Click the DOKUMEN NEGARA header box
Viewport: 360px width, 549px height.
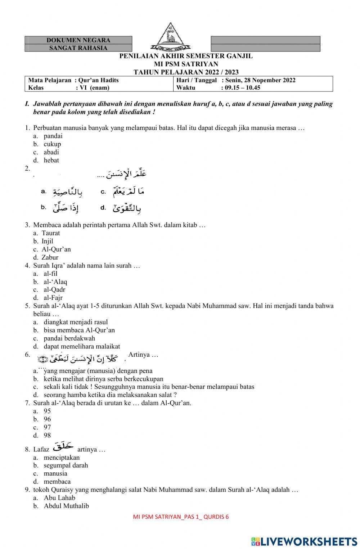click(x=78, y=40)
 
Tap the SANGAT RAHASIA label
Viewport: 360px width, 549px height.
click(x=78, y=48)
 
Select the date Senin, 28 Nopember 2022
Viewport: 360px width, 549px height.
click(x=260, y=80)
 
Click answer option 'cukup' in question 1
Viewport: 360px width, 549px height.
click(x=52, y=144)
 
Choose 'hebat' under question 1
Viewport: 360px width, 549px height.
click(x=51, y=160)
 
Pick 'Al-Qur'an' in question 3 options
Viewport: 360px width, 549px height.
click(x=56, y=249)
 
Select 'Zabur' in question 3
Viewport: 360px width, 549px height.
click(x=50, y=257)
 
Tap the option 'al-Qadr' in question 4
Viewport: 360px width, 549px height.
click(x=54, y=289)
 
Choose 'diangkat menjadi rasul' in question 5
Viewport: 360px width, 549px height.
click(x=76, y=322)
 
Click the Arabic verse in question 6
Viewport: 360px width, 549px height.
click(x=81, y=359)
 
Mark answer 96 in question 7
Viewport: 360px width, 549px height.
click(x=47, y=419)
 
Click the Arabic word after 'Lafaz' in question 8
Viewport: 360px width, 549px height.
click(x=63, y=447)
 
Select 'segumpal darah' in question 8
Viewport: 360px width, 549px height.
click(x=66, y=465)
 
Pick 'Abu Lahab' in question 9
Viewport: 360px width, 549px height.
click(x=59, y=498)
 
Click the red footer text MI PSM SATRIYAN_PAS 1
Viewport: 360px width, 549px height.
click(x=181, y=517)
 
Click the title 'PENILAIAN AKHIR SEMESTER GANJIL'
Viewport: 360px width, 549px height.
click(x=186, y=56)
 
